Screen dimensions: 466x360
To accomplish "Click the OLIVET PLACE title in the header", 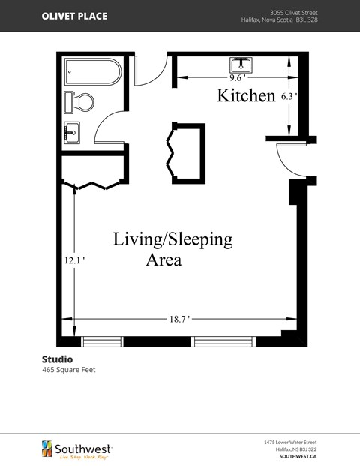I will point(74,16).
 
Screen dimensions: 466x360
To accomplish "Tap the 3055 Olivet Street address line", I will point(293,12).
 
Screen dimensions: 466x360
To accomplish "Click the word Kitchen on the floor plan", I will point(246,95).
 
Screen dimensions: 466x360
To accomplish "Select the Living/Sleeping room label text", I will point(172,239).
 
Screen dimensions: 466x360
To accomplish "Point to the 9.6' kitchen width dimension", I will point(238,77).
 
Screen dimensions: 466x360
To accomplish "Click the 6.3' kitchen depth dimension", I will point(289,96).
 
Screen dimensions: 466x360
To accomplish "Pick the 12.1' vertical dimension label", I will point(73,260).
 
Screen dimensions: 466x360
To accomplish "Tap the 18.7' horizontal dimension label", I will point(178,319).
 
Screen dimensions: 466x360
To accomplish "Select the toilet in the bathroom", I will point(79,101).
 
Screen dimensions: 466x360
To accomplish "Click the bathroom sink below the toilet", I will point(72,132).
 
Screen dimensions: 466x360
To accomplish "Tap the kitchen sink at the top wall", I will point(241,64).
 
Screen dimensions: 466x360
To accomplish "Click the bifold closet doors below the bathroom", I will point(93,184).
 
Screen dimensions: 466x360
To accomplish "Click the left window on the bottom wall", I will point(102,341).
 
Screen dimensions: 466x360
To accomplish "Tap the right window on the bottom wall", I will point(214,341).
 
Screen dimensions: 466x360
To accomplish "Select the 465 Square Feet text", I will point(68,370).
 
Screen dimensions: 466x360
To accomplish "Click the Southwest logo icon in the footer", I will point(46,448).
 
